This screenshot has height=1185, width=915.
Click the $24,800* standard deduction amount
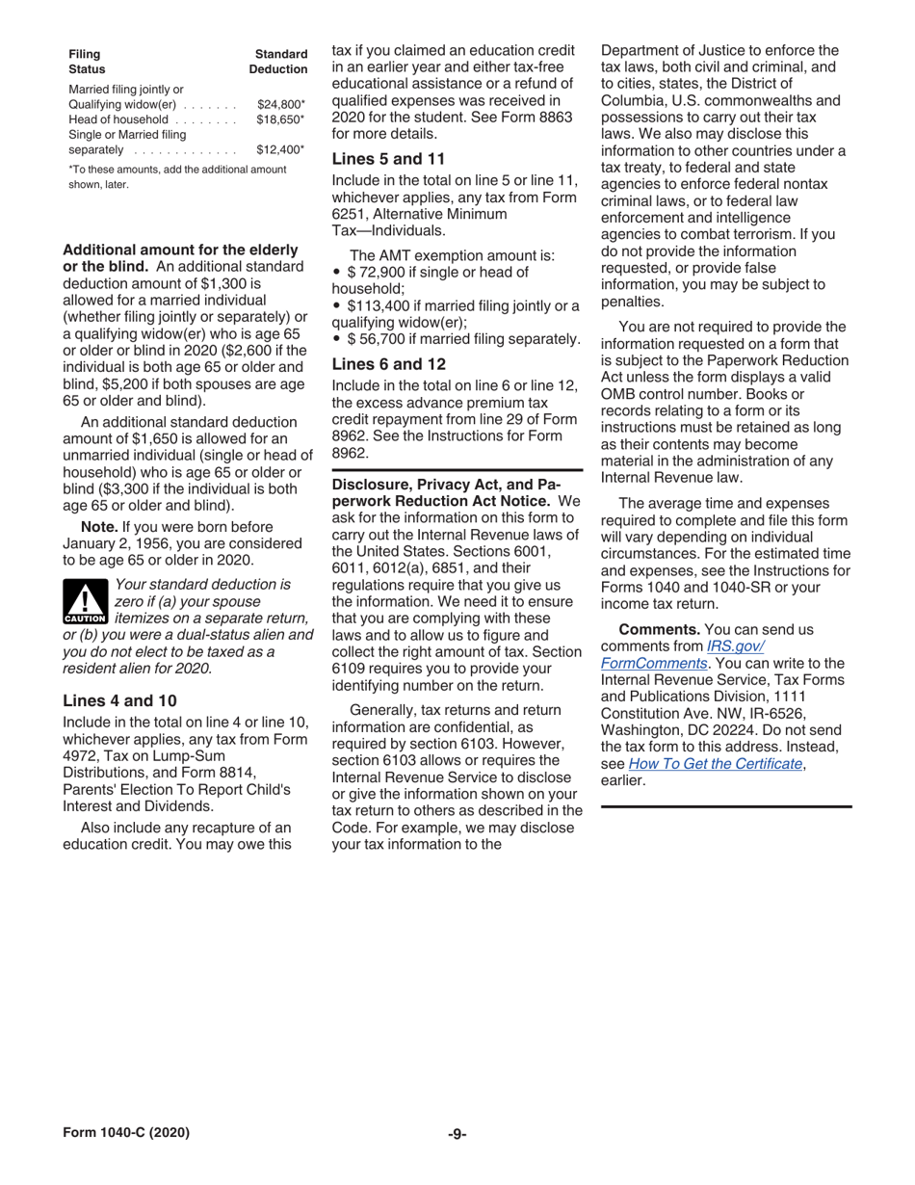point(281,104)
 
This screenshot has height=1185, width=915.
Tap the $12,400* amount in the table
point(281,150)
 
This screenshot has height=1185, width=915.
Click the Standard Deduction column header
point(278,63)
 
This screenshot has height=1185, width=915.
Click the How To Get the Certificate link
point(716,763)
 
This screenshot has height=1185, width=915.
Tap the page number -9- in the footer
point(457,1133)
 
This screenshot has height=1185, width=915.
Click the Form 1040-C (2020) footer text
point(126,1133)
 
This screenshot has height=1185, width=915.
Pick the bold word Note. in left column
point(100,526)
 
